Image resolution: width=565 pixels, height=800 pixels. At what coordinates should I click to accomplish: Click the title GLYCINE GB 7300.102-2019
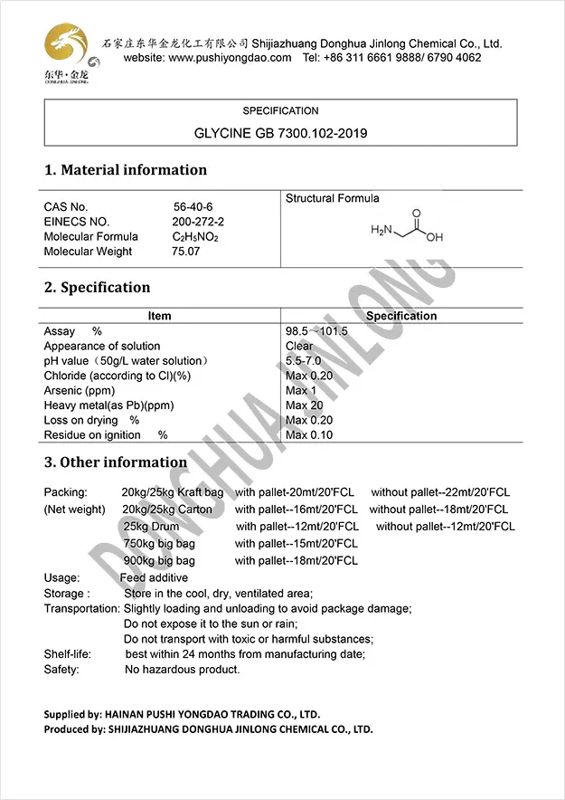280,133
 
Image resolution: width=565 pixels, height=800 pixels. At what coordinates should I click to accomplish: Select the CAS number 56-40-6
191,207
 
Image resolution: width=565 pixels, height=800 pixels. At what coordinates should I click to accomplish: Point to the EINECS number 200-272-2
198,222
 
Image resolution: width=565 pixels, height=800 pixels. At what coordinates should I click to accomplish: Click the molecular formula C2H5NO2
195,237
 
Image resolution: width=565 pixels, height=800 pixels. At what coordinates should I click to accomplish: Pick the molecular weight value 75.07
186,252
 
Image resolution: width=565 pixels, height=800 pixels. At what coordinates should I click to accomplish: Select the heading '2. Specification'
98,288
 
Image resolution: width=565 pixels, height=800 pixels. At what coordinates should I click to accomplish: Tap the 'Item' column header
159,316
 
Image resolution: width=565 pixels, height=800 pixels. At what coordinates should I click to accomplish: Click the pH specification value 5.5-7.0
307,361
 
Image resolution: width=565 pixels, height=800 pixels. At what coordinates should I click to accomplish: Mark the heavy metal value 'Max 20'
304,405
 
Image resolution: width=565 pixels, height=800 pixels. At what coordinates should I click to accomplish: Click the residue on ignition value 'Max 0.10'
309,435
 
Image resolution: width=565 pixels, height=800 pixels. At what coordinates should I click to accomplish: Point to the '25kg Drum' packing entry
151,527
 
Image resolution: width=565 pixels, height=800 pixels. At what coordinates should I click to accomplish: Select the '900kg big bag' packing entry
159,561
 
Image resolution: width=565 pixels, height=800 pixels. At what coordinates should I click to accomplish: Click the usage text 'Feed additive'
155,578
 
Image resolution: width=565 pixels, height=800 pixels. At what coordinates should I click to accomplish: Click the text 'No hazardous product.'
183,670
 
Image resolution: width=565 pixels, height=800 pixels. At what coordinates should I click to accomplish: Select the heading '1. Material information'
126,170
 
